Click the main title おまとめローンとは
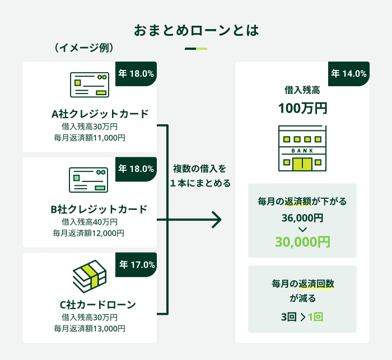196,30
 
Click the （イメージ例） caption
84,48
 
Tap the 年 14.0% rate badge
348,73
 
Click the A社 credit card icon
89,85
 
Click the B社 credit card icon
88,180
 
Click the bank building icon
302,148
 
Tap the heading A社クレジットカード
100,114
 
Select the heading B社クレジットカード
99,209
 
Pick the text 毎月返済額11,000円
90,137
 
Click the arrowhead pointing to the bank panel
217,220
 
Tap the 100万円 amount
302,107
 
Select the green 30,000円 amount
302,242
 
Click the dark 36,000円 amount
302,218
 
